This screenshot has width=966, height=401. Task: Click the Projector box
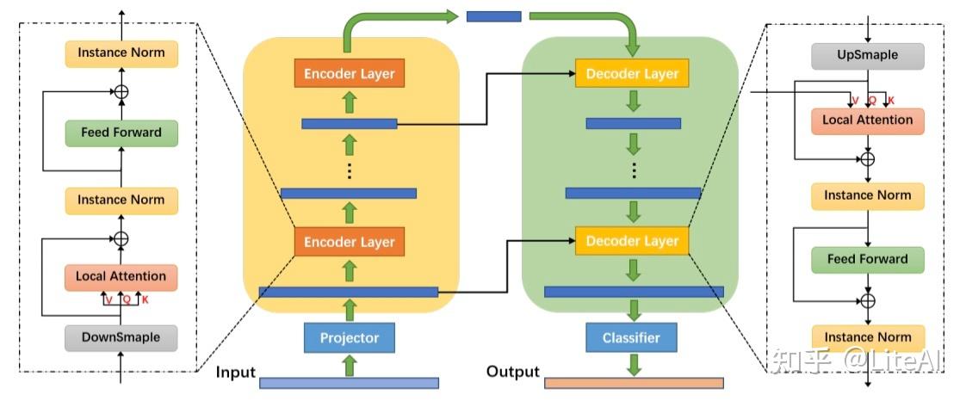(x=350, y=337)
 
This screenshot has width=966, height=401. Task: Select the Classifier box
(x=631, y=337)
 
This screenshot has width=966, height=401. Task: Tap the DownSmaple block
(x=121, y=337)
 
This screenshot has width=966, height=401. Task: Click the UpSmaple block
(x=868, y=55)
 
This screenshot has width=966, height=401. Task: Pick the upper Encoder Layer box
(x=350, y=74)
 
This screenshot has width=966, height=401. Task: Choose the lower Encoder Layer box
(x=350, y=242)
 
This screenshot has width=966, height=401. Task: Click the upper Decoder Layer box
(x=632, y=74)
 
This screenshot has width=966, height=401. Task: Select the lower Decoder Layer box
(x=632, y=242)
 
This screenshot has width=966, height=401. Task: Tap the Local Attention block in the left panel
(x=121, y=276)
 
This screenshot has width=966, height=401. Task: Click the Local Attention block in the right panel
(x=868, y=120)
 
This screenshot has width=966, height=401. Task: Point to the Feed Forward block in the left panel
(x=121, y=133)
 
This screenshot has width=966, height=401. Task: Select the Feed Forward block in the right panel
(x=868, y=259)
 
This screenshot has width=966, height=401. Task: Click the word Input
(x=235, y=372)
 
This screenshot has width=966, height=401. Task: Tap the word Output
(x=512, y=372)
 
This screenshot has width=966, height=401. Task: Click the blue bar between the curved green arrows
(x=493, y=16)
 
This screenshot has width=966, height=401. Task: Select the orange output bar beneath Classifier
(x=634, y=383)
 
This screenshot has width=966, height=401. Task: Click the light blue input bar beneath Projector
(x=349, y=383)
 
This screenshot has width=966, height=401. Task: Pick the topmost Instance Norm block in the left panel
(x=121, y=53)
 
